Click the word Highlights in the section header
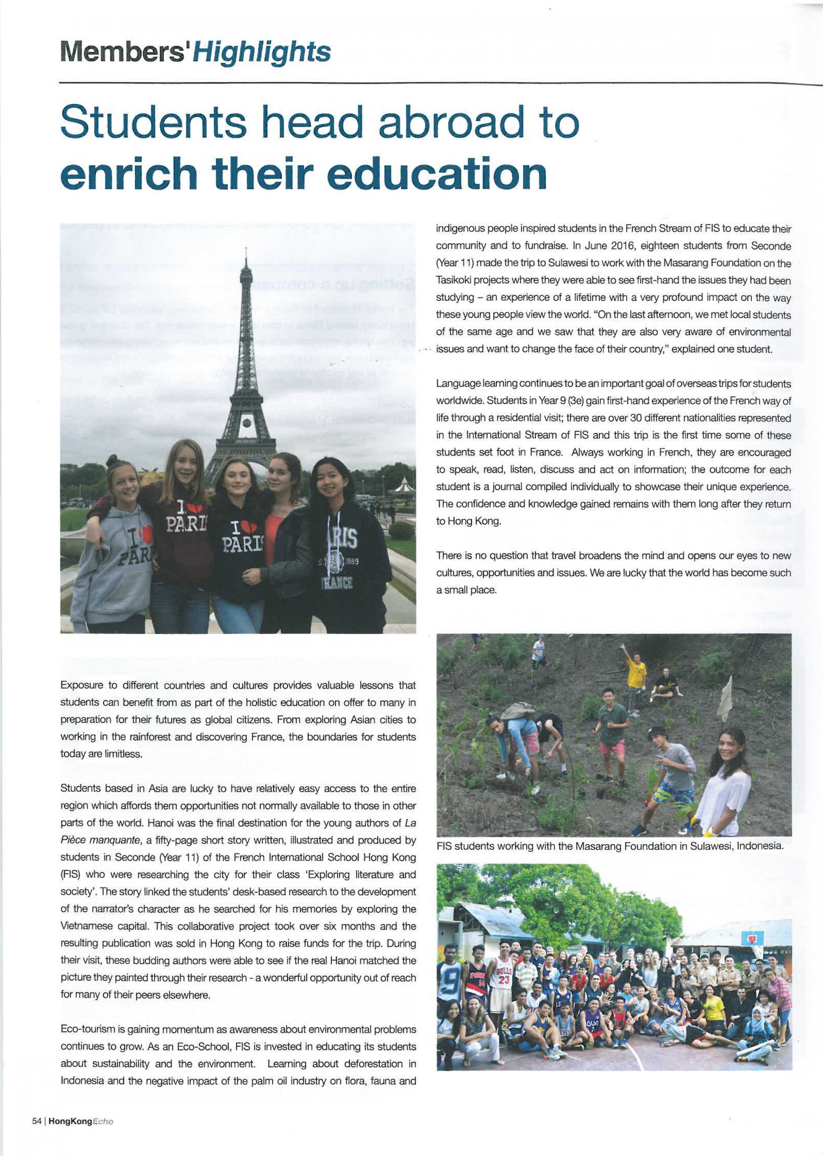(x=262, y=52)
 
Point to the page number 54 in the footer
(x=37, y=1135)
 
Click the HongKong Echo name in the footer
(x=81, y=1135)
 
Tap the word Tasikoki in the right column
(x=454, y=280)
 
